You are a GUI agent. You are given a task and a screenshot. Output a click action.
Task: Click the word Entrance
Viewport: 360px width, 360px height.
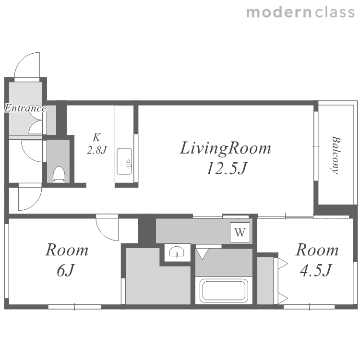(25, 108)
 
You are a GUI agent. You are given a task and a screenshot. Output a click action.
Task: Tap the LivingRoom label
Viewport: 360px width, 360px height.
(226, 148)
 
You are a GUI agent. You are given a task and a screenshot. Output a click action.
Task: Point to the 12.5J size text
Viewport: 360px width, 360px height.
(227, 168)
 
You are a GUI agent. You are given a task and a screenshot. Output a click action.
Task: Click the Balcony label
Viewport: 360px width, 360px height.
(336, 155)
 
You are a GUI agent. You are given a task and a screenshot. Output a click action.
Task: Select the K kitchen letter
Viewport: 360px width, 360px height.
(96, 137)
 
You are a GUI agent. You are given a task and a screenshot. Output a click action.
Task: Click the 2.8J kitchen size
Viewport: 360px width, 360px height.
(97, 150)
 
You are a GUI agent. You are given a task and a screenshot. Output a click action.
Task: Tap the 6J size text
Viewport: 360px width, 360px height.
(66, 270)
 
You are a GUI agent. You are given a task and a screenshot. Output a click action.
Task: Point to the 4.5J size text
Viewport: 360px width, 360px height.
(316, 270)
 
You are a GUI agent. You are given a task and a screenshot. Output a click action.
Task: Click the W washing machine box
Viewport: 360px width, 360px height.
(240, 232)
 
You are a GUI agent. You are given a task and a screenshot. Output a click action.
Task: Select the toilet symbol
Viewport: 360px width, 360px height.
(59, 174)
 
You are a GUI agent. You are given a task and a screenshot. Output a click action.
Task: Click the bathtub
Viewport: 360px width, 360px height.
(224, 291)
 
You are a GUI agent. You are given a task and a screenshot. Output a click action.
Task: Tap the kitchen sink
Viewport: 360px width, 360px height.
(124, 161)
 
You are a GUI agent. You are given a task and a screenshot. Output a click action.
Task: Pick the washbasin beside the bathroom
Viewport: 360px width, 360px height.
(177, 252)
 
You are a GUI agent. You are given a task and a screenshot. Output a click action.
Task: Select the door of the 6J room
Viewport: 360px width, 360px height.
(107, 228)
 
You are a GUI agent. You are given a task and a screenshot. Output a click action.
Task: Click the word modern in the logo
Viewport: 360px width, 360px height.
(279, 12)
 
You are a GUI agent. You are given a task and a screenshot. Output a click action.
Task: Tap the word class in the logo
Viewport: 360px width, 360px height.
(335, 12)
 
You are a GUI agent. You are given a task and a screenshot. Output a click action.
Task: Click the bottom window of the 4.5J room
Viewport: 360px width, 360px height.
(309, 307)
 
